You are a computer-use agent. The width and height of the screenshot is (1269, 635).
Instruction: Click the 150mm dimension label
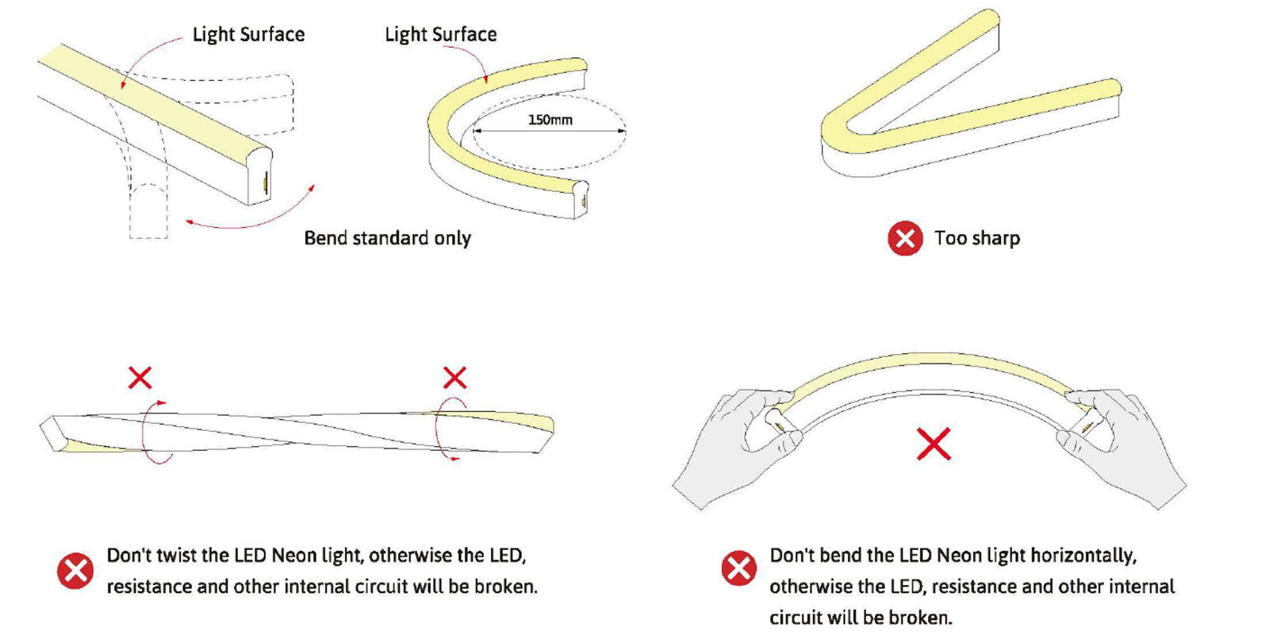pos(550,120)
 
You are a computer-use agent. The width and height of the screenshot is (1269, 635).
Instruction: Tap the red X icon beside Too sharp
pos(905,238)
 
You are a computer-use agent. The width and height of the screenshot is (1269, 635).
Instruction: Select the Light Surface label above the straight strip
pos(248,34)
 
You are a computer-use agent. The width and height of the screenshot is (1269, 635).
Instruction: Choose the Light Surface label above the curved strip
pos(441,34)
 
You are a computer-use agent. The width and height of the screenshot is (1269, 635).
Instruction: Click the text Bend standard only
pos(387,238)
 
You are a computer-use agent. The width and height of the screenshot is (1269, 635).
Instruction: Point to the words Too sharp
pos(977,238)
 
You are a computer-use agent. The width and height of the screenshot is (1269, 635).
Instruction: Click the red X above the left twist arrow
pos(140,378)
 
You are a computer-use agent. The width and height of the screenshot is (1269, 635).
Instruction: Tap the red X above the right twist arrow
pos(454,378)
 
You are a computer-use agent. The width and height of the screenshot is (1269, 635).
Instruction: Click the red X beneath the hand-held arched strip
pos(934,444)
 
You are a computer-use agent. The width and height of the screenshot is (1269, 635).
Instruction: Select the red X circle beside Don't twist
pos(75,571)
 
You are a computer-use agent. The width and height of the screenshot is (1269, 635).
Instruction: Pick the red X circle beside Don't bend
pos(738,568)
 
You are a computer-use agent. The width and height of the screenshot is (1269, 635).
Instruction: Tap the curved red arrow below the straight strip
pos(254,217)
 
